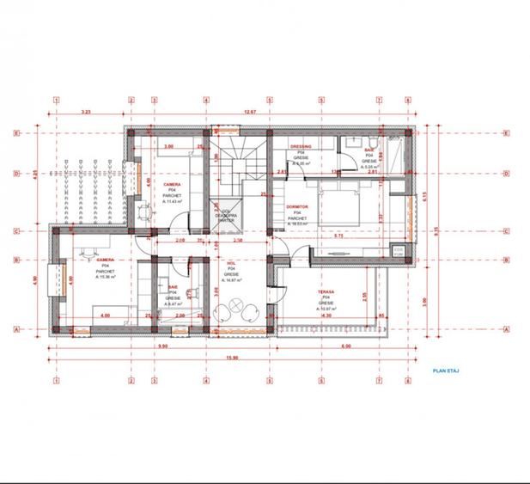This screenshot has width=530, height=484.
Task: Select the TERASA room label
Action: [326, 292]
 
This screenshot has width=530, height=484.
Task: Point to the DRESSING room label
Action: [301, 147]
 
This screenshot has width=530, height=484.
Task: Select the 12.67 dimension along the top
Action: [249, 112]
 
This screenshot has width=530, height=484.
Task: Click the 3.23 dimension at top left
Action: [86, 112]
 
